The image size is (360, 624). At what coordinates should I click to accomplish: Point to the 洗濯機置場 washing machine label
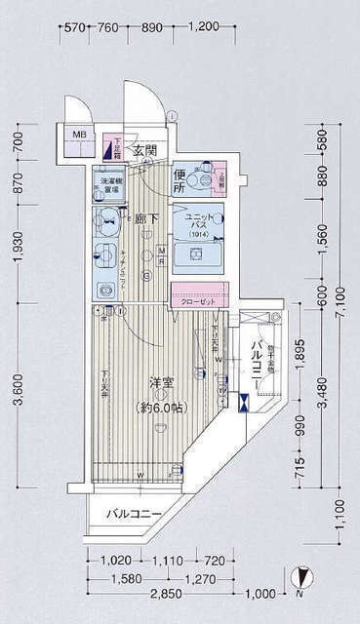pos(108,184)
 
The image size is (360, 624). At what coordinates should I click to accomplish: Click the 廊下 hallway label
pos(147,220)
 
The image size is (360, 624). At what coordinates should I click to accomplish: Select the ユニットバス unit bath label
pos(194,223)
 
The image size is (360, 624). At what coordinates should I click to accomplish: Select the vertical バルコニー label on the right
pos(257,364)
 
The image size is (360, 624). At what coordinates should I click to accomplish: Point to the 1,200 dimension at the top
pos(230,28)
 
